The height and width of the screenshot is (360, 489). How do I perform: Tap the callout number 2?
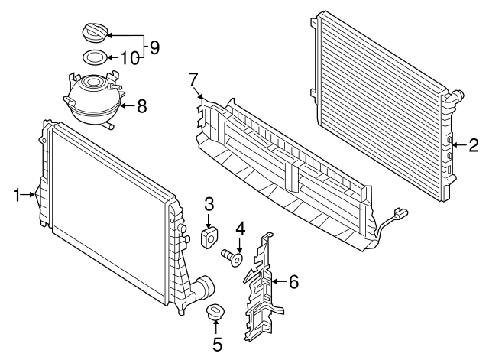[x=474, y=143]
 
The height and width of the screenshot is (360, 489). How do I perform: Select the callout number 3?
[x=209, y=203]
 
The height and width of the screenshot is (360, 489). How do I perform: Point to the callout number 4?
[x=240, y=227]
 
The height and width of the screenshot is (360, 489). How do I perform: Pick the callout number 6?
[x=294, y=282]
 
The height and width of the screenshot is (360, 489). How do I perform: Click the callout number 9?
[x=154, y=47]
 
